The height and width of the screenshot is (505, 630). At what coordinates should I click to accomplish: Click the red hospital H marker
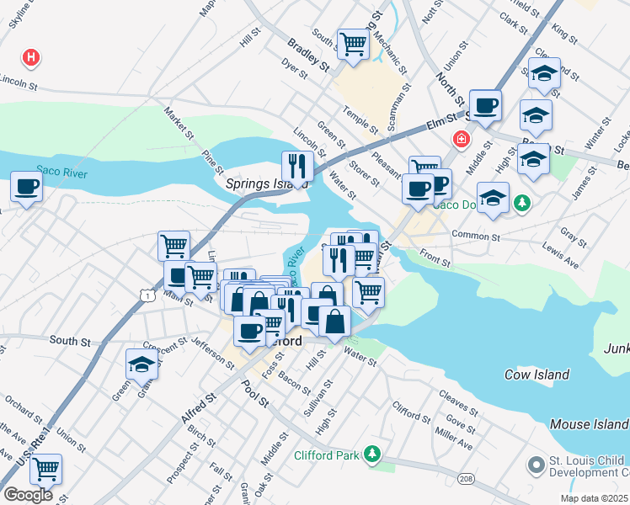click(31, 58)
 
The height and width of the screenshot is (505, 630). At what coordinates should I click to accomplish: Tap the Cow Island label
click(537, 375)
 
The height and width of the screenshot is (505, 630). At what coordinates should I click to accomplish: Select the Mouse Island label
click(589, 425)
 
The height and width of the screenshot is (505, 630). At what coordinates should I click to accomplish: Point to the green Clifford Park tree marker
click(371, 456)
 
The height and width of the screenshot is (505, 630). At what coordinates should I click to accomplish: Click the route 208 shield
click(466, 479)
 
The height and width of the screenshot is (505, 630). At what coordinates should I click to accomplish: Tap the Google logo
click(29, 495)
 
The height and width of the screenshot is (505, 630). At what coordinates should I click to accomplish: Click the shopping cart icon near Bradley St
click(353, 43)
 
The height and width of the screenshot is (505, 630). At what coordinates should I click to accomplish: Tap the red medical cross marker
click(460, 139)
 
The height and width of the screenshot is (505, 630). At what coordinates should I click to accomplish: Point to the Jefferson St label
click(213, 353)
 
